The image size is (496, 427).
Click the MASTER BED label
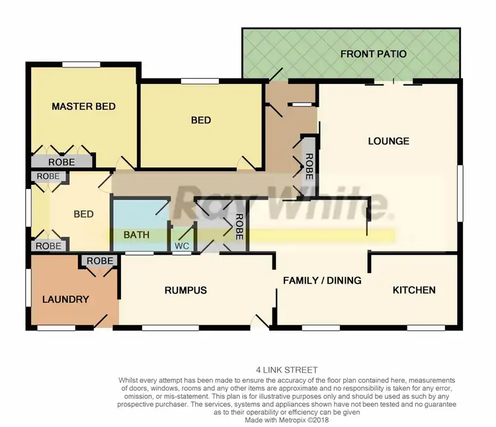pyautogui.click(x=84, y=106)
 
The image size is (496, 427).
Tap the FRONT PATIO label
pyautogui.click(x=374, y=54)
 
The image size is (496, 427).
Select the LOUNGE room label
pyautogui.click(x=388, y=141)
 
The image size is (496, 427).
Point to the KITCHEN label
pyautogui.click(x=414, y=290)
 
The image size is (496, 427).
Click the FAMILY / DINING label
pyautogui.click(x=322, y=280)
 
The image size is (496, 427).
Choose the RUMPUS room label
pyautogui.click(x=186, y=290)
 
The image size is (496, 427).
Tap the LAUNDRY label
pyautogui.click(x=65, y=299)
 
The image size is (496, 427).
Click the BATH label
pyautogui.click(x=137, y=235)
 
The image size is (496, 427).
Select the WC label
pyautogui.click(x=181, y=247)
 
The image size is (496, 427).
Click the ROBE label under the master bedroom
pyautogui.click(x=61, y=162)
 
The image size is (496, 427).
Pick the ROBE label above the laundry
pyautogui.click(x=100, y=261)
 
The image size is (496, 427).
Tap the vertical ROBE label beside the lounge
pyautogui.click(x=308, y=163)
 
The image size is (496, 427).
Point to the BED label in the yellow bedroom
pyautogui.click(x=201, y=120)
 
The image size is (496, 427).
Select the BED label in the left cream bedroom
pyautogui.click(x=83, y=214)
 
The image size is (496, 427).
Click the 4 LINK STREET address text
pyautogui.click(x=286, y=370)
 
